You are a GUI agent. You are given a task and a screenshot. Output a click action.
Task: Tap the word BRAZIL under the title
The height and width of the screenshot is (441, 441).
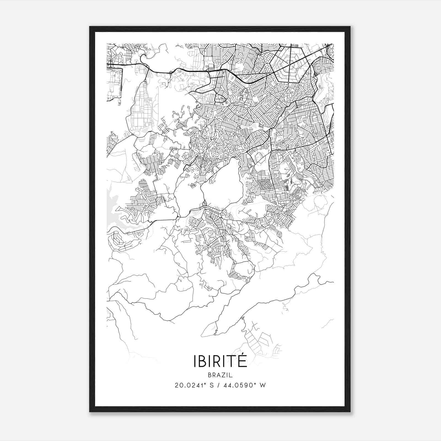[x=220, y=375]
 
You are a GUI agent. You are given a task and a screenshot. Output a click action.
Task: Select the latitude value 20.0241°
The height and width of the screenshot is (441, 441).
[x=190, y=385]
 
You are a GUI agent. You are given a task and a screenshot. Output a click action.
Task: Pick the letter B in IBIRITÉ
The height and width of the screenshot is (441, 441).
[x=202, y=362]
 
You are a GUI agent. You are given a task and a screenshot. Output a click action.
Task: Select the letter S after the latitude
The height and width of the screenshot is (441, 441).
[x=212, y=385]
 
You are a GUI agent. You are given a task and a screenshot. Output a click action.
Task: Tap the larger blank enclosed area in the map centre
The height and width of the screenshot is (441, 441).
[x=222, y=183]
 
